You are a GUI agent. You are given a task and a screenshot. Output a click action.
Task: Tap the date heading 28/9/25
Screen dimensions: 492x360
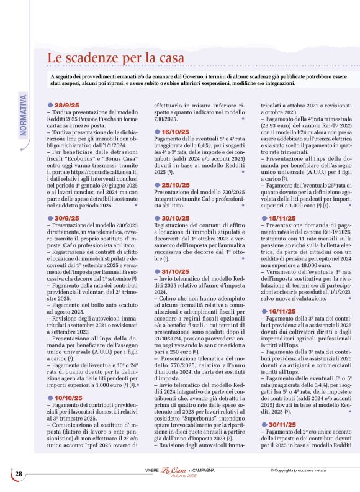[x=66, y=105]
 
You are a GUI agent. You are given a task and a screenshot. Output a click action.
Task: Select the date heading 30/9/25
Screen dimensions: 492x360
[x=66, y=218]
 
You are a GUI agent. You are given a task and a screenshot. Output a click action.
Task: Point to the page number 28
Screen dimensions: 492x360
[x=19, y=475]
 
